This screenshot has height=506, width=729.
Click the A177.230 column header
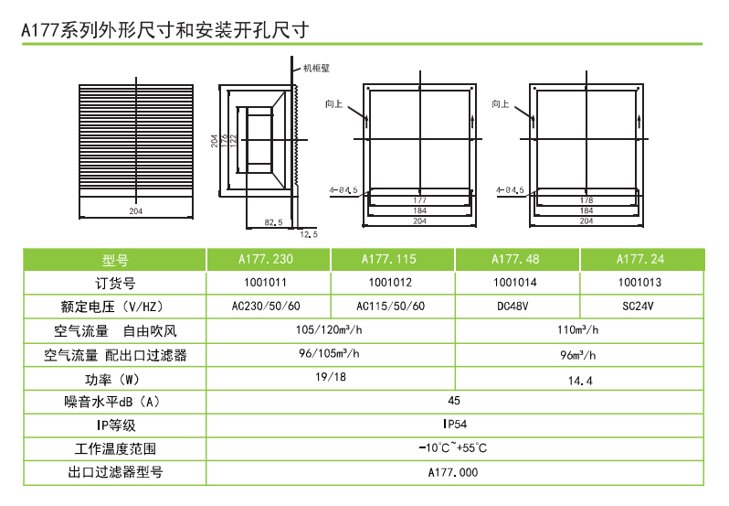(x=266, y=259)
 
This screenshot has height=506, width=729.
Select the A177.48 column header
(x=515, y=259)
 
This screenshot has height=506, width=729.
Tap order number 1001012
(x=390, y=283)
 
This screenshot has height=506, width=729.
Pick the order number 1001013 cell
(x=639, y=283)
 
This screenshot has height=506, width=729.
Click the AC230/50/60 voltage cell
(x=266, y=307)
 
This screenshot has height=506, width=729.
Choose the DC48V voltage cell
(x=512, y=307)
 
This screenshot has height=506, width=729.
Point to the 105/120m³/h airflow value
(x=329, y=330)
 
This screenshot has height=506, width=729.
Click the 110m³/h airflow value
(x=578, y=330)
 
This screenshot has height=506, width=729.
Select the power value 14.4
(x=580, y=381)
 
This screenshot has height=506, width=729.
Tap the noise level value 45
(x=454, y=401)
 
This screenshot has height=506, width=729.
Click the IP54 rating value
(x=455, y=424)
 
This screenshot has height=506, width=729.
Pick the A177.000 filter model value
(x=453, y=472)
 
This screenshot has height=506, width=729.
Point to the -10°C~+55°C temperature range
(x=453, y=447)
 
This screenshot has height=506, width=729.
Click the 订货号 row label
(x=115, y=284)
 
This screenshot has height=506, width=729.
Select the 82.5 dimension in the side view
(x=273, y=222)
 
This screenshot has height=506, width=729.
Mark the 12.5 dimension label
(x=309, y=234)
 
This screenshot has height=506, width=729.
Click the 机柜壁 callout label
(x=316, y=69)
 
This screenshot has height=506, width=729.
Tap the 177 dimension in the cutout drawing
(x=420, y=200)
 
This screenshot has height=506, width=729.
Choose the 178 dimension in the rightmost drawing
(x=586, y=200)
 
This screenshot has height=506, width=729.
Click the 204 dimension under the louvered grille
(x=136, y=211)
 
